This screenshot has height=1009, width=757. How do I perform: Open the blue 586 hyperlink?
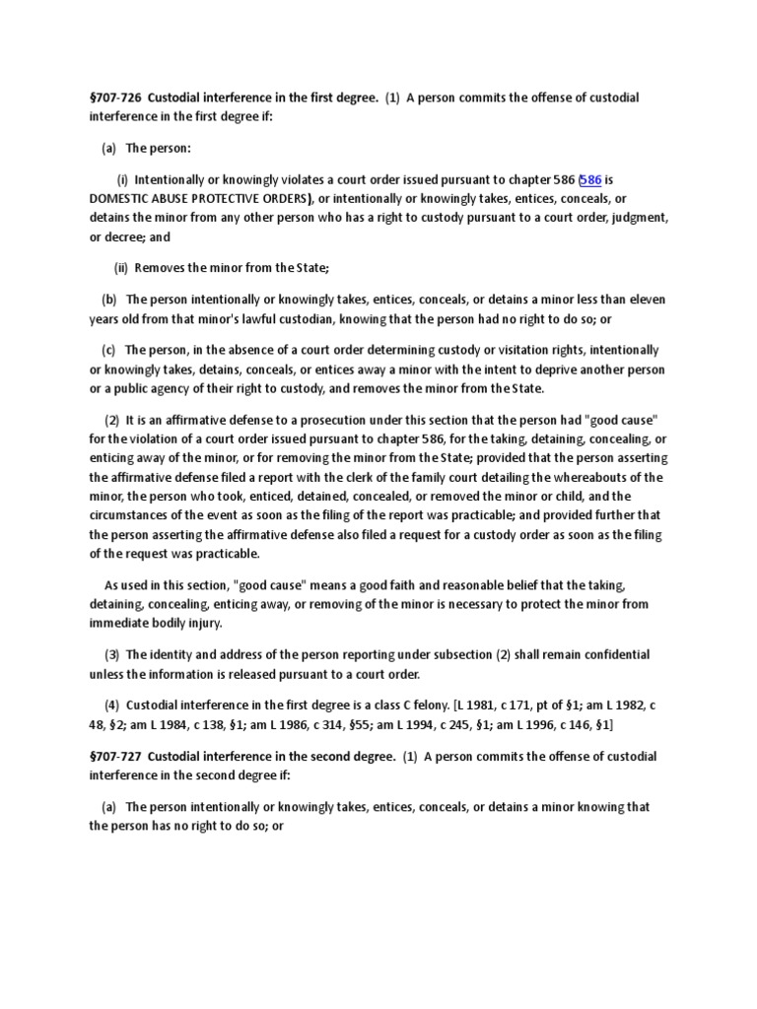(591, 179)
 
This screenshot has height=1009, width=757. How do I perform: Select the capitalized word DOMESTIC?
(116, 198)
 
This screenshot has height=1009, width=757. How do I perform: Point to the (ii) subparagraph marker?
(121, 267)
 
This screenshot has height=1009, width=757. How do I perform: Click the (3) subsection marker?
(111, 655)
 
